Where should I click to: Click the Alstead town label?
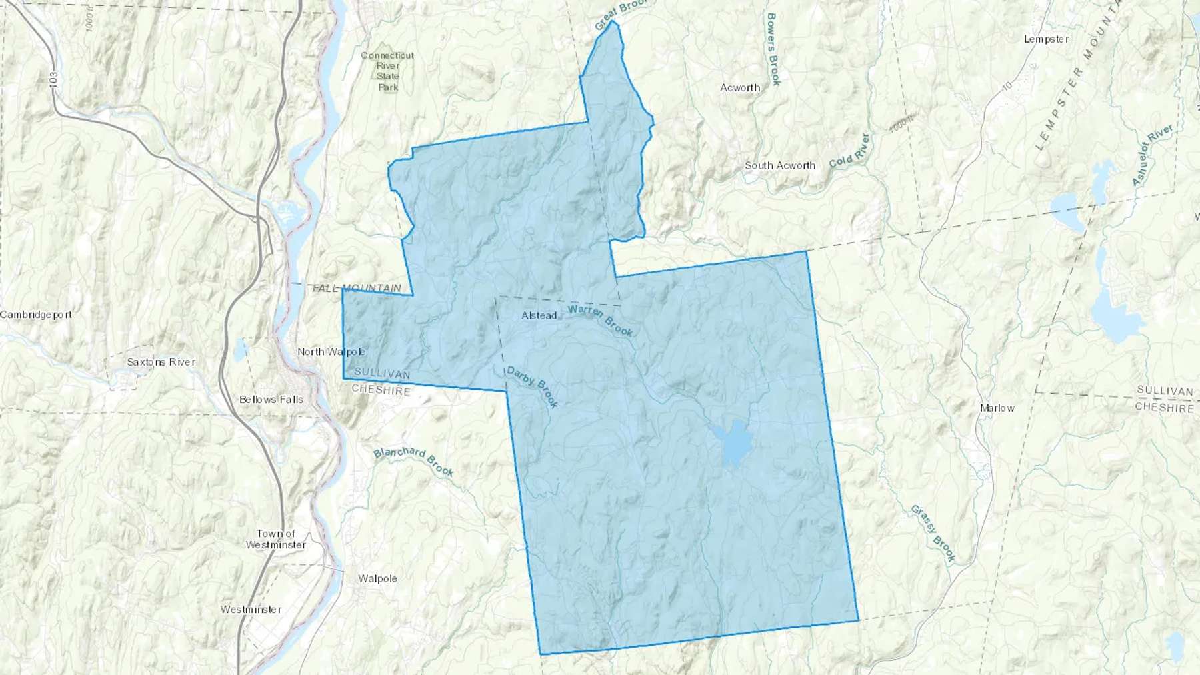pos(539,315)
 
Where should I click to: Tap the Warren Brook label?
pos(600,320)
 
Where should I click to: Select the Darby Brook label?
pos(532,386)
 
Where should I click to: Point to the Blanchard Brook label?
pos(413,461)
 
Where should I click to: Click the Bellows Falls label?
pos(271,400)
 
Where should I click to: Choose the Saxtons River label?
pos(161,362)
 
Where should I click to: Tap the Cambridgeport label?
pos(36,315)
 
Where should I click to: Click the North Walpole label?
pos(331,352)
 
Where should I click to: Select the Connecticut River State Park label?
pos(387,71)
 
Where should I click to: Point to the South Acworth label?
pos(780,165)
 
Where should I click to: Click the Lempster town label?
pos(1046,39)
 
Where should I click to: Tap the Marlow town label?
pos(997,408)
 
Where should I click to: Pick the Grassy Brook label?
pos(933,533)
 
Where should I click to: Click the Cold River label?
pos(849,151)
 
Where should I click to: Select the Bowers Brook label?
pos(773,49)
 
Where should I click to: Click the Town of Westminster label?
pos(275,539)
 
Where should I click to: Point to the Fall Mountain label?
pos(357,288)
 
